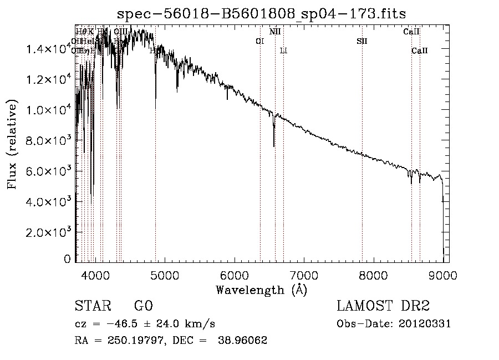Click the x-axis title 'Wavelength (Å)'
(261, 290)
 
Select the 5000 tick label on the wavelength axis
(165, 274)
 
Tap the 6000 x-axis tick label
(235, 274)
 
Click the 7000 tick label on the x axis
(304, 274)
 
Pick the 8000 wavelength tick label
(373, 274)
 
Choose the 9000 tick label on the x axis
(442, 274)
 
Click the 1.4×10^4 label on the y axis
(49, 49)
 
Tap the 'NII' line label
(275, 32)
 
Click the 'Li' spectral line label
(283, 50)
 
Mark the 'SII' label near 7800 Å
(362, 41)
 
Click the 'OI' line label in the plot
(259, 41)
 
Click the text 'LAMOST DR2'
(383, 307)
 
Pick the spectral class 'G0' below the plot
(143, 307)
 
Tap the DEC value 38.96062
(243, 341)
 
